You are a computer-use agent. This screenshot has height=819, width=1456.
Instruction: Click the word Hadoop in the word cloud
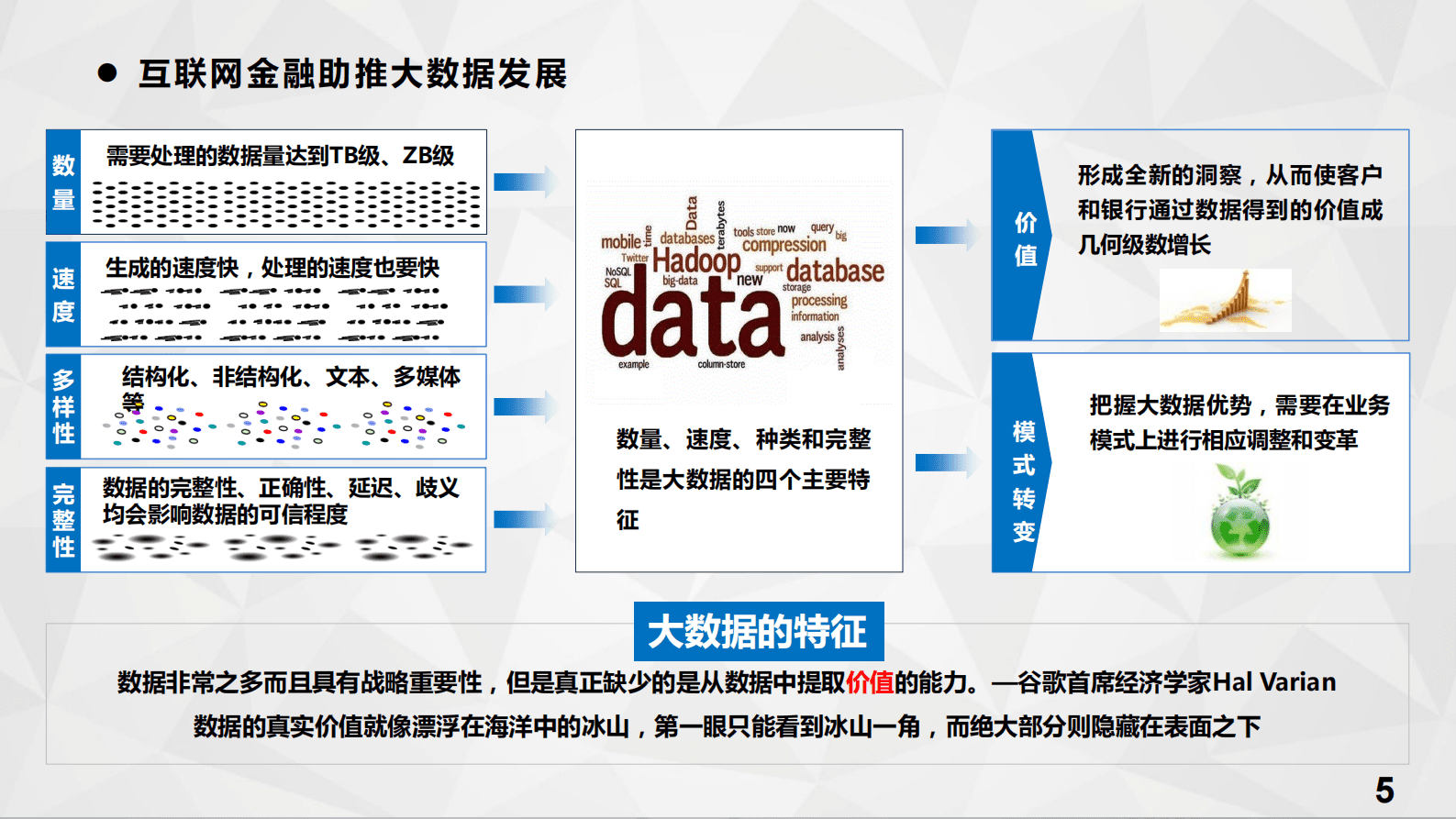(696, 260)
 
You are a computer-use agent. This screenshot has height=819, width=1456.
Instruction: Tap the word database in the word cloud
(835, 271)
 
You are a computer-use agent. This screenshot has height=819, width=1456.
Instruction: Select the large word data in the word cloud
(693, 322)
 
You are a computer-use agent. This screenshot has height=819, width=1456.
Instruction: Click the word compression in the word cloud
(784, 245)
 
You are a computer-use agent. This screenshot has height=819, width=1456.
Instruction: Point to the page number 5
(1384, 790)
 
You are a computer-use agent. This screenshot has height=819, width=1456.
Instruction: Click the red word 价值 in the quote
(870, 682)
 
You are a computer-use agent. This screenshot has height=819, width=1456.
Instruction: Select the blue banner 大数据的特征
(759, 631)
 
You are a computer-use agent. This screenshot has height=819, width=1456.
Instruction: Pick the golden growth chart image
(1225, 300)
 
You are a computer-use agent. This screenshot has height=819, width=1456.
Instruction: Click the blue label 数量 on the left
(63, 183)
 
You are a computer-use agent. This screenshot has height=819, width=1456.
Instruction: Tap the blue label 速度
(63, 294)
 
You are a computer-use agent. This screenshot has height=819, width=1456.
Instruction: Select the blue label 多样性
(63, 406)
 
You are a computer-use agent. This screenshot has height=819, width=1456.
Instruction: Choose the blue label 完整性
(63, 520)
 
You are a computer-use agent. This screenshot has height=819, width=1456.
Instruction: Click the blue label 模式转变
(1023, 481)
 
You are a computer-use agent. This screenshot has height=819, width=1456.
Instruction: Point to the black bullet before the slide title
(107, 73)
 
